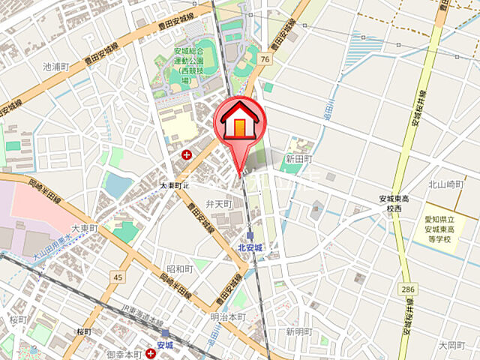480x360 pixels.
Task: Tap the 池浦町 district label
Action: [x=56, y=67]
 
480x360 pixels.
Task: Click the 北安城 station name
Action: [x=250, y=247]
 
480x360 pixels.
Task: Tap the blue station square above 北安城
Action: [x=250, y=235]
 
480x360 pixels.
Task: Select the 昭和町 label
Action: [x=180, y=268]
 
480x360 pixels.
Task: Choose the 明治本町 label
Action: [x=228, y=316]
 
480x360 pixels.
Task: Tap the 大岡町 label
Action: [x=452, y=346]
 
